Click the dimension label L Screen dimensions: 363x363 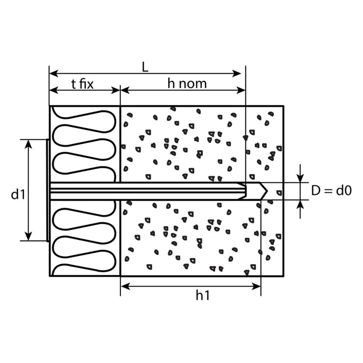(145, 68)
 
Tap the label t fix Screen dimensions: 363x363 (83, 84)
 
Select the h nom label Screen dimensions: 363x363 (187, 83)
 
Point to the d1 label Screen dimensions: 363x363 (18, 194)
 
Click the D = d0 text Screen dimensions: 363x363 (331, 191)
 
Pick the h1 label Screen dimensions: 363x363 (202, 296)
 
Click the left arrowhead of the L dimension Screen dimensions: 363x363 (54, 74)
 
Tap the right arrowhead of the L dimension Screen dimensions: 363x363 (237, 74)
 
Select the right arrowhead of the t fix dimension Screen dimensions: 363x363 (115, 90)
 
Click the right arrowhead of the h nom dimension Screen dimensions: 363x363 (241, 90)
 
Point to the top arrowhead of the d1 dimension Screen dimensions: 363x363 (28, 144)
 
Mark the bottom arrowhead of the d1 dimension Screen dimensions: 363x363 (28, 236)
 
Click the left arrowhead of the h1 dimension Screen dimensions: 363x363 (125, 286)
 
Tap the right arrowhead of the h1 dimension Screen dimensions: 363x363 (256, 286)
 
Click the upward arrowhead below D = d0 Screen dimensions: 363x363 (300, 204)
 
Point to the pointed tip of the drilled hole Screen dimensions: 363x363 (267, 191)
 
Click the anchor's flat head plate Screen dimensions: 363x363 (47, 190)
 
